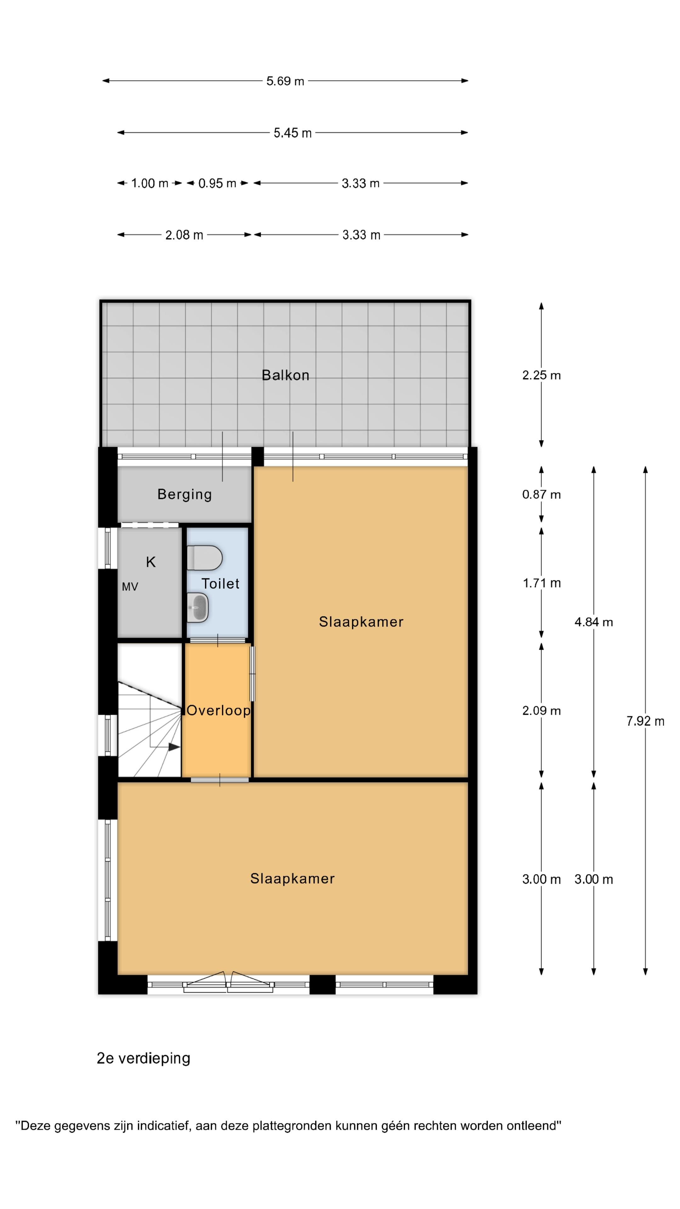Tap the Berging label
click(x=184, y=494)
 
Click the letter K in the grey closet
click(x=151, y=562)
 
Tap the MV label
click(x=130, y=587)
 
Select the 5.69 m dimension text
click(x=285, y=81)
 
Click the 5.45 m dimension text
click(x=292, y=133)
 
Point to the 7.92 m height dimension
click(x=645, y=721)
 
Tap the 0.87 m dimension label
click(x=541, y=494)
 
